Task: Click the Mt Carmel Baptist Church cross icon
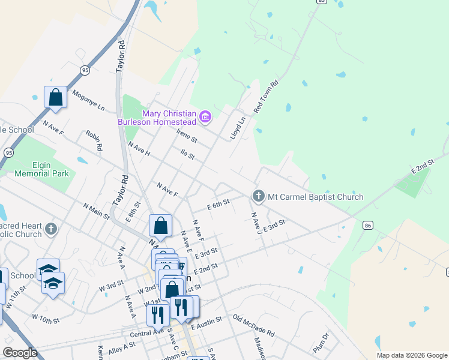(258, 196)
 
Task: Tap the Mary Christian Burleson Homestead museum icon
(205, 115)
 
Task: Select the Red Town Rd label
(267, 97)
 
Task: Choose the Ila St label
(188, 155)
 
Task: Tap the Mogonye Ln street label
(88, 101)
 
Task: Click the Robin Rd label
(94, 140)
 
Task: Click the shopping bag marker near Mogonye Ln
(55, 98)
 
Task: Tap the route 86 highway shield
(367, 225)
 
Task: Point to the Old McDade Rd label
(253, 325)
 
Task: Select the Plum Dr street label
(321, 344)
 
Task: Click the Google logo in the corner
(20, 353)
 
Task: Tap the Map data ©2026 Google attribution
(412, 355)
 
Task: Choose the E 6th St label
(218, 205)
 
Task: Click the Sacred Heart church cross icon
(52, 229)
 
